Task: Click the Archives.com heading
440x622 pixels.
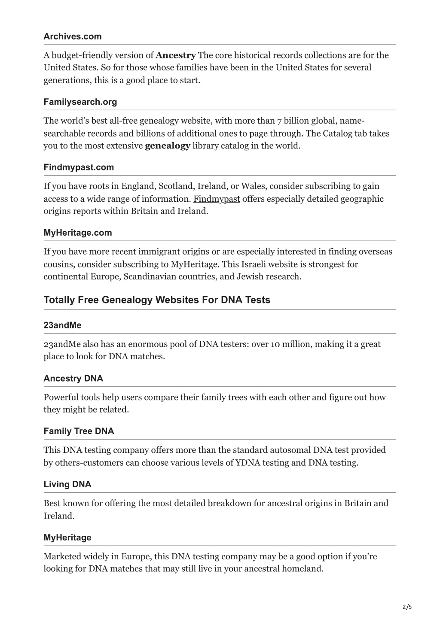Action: (73, 36)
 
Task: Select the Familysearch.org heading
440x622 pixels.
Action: (80, 102)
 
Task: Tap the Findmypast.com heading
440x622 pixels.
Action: (79, 167)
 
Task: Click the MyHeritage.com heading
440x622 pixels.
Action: (78, 233)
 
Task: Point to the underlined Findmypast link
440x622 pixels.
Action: (217, 199)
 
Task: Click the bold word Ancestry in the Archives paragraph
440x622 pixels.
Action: (176, 55)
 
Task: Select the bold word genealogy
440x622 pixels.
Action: (168, 146)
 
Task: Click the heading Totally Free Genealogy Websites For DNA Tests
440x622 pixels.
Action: (157, 300)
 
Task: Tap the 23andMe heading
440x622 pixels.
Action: (62, 325)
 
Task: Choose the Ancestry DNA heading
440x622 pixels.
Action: (73, 379)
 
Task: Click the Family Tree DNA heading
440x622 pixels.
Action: (79, 431)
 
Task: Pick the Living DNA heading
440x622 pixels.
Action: (67, 484)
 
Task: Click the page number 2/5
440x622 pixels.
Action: (407, 607)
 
